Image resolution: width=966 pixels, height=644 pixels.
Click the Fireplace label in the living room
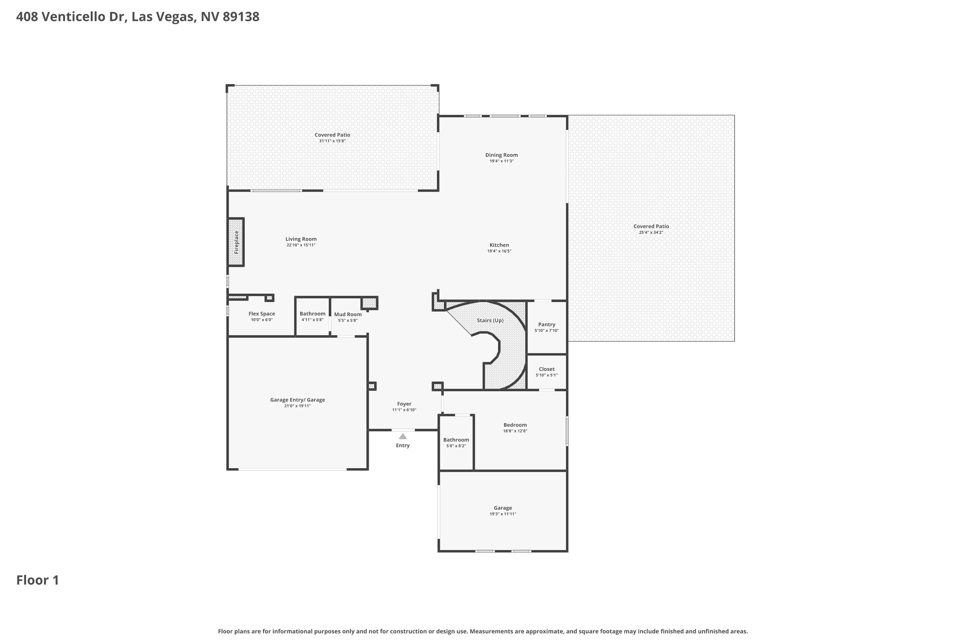coord(237,242)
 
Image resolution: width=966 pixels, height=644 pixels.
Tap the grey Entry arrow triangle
coord(403,436)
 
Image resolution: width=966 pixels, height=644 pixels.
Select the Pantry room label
coord(547,325)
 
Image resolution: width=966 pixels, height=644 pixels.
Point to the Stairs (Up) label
coord(490,320)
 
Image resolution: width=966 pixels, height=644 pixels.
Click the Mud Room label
coord(348,315)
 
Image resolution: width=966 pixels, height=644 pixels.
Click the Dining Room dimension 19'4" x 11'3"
coord(501,161)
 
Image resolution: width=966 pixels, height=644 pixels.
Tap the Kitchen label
coord(499,245)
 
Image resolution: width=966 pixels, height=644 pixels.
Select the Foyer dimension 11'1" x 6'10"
coord(404,410)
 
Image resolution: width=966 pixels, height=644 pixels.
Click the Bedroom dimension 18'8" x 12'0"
coord(515,431)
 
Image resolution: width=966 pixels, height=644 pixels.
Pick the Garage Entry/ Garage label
coord(297,400)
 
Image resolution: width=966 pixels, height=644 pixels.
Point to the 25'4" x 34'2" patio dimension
coord(651,232)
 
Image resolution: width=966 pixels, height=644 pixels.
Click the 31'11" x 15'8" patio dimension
coord(332,141)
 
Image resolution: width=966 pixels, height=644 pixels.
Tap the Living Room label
coord(301,239)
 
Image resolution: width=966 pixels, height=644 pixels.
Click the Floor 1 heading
coord(38,580)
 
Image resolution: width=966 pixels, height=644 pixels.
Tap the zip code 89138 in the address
coord(241,17)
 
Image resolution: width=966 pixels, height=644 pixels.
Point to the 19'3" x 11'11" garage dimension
coord(503,514)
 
